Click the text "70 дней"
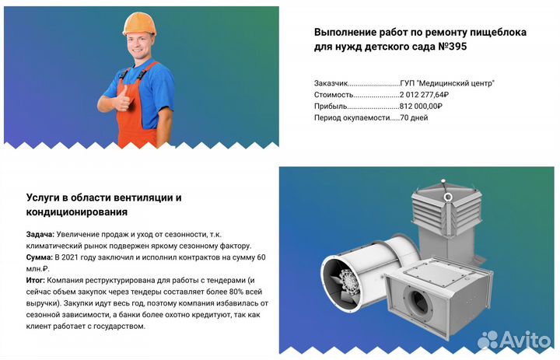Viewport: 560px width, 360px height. [414, 118]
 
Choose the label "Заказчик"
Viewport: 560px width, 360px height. [331, 82]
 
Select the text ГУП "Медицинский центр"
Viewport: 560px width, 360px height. [447, 82]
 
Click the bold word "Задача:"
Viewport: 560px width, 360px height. [40, 233]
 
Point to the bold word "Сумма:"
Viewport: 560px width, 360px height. [40, 257]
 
